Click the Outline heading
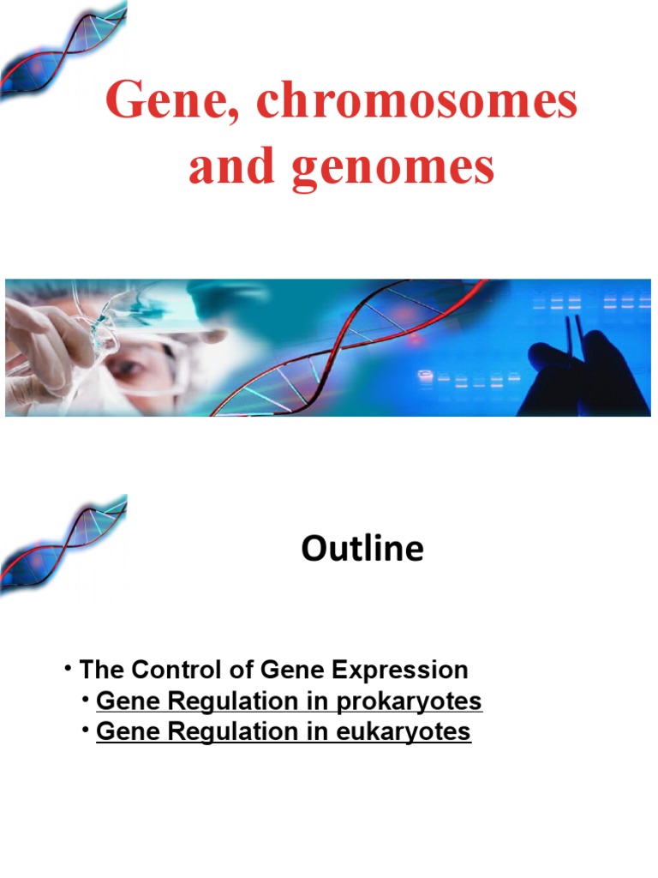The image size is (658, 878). pos(362,549)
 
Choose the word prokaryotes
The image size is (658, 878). pos(409,701)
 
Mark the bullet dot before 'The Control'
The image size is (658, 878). pos(65,668)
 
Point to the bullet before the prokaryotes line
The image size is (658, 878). pos(87,700)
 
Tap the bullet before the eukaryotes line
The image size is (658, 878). pos(87,730)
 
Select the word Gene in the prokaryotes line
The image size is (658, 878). pos(122,701)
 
